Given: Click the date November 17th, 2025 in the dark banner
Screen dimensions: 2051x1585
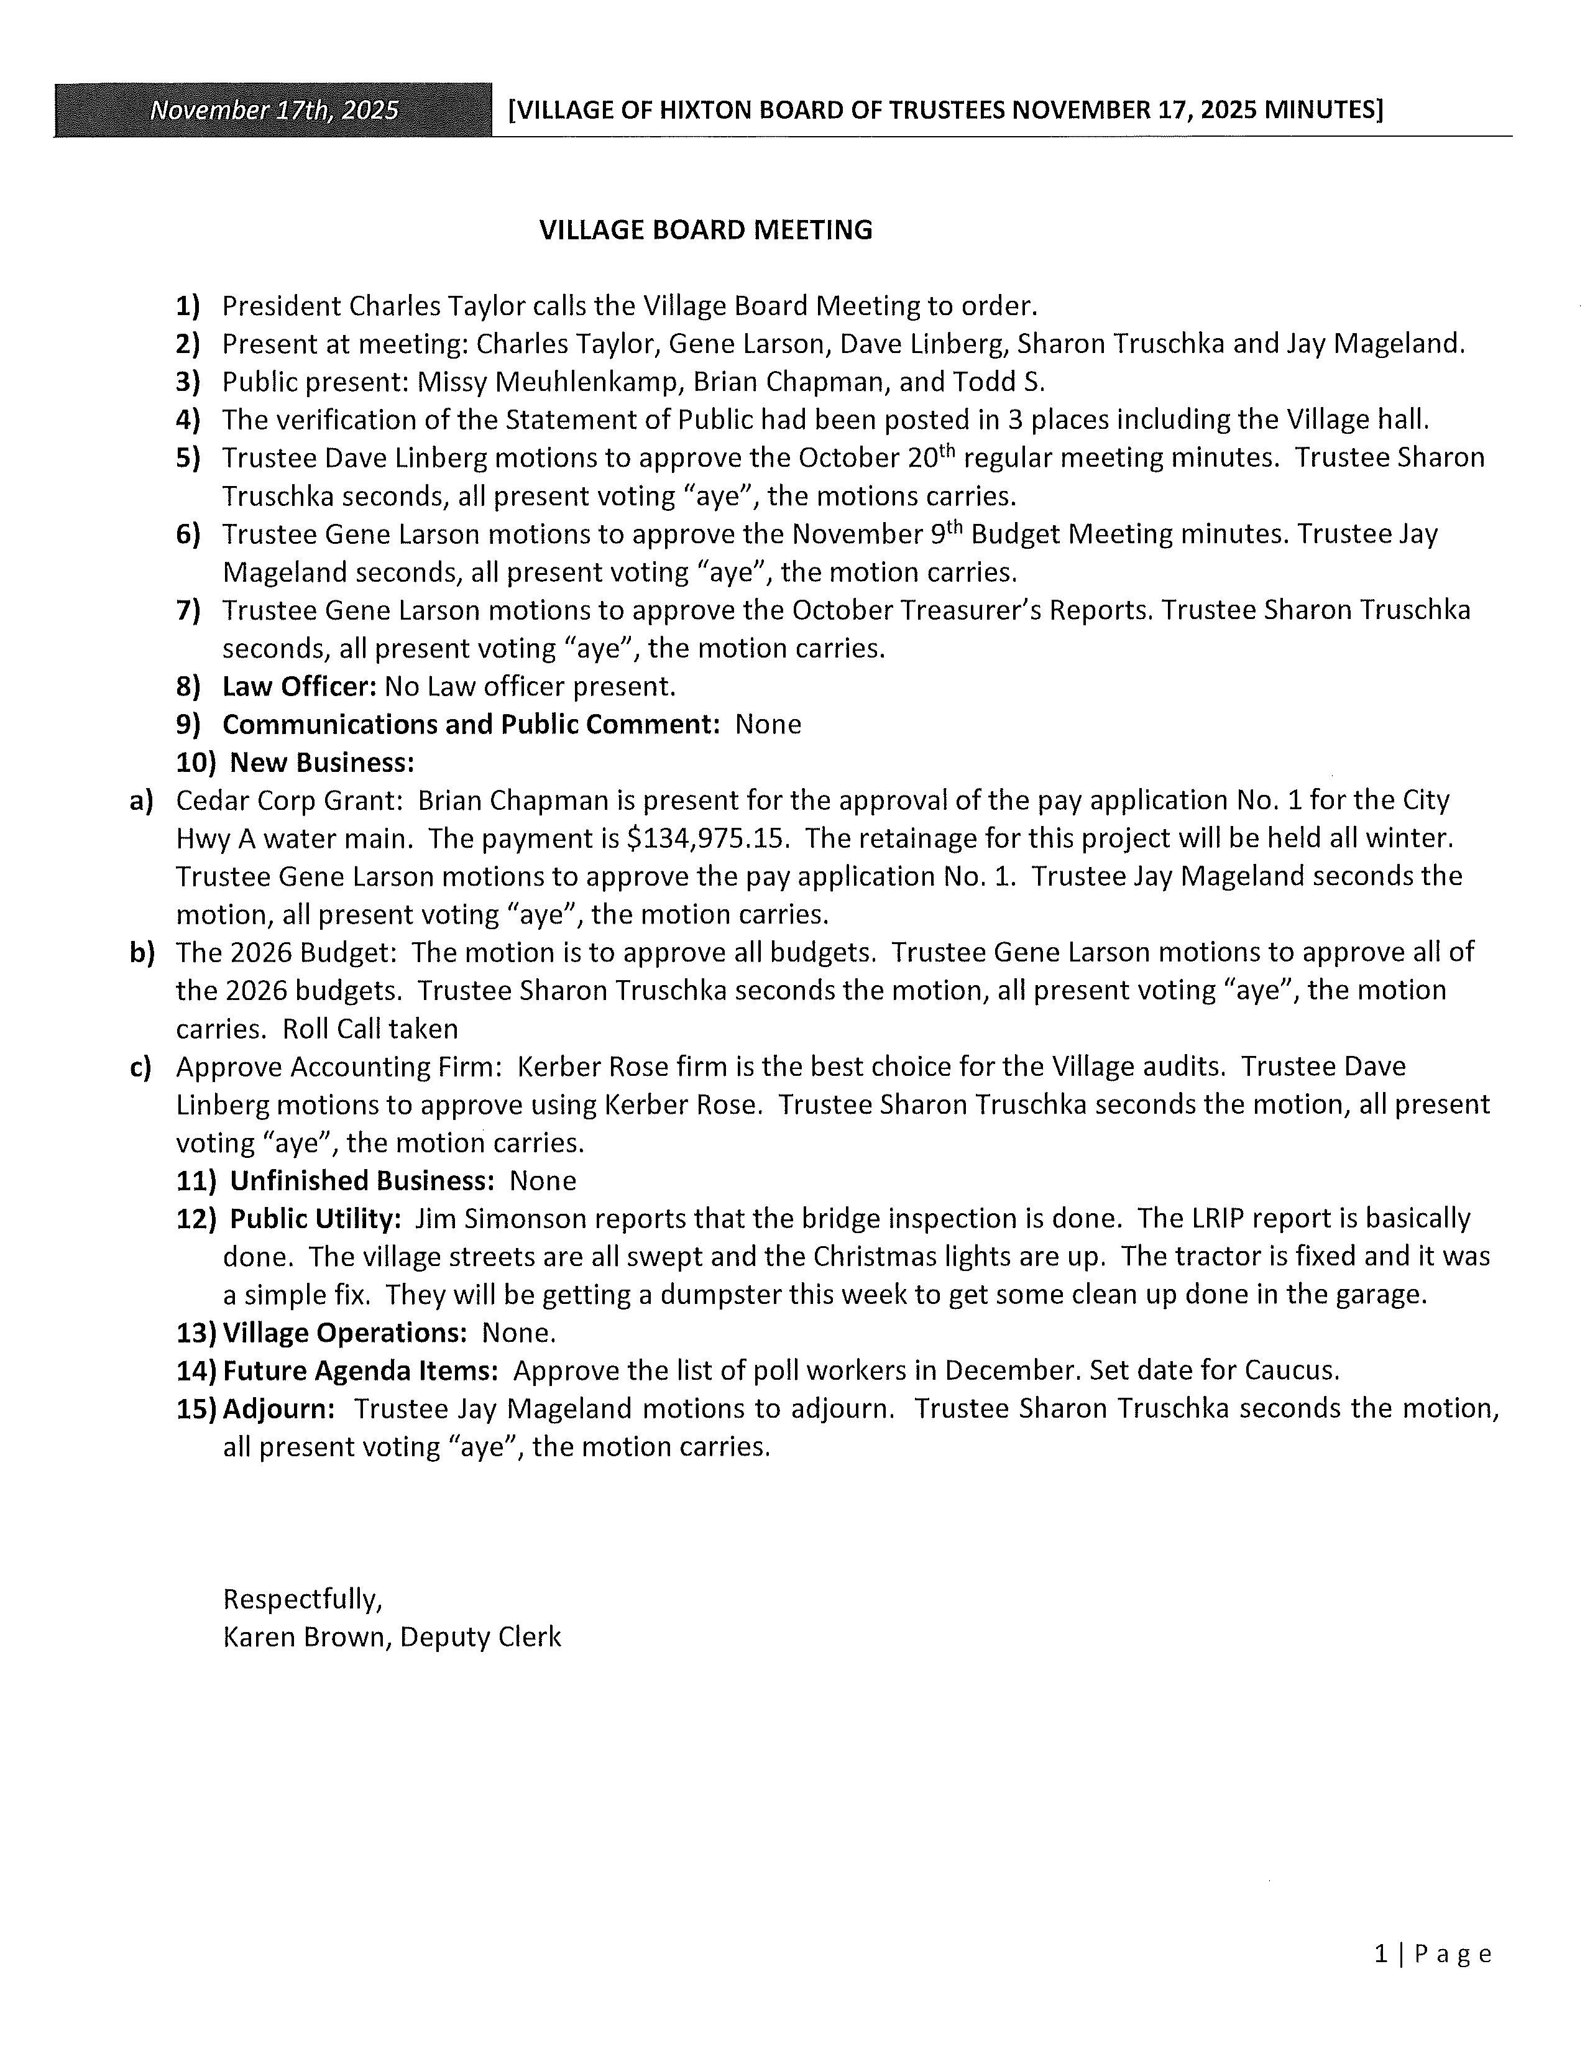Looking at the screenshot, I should (274, 111).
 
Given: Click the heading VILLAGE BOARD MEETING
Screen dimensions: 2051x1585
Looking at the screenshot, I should (705, 230).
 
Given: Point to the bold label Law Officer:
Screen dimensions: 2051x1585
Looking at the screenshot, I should (298, 687).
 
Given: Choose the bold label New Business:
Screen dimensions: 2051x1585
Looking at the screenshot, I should (321, 763).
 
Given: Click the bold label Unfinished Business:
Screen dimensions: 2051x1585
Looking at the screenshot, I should (362, 1180).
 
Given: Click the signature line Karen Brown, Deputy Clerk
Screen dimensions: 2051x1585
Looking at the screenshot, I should (392, 1637).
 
